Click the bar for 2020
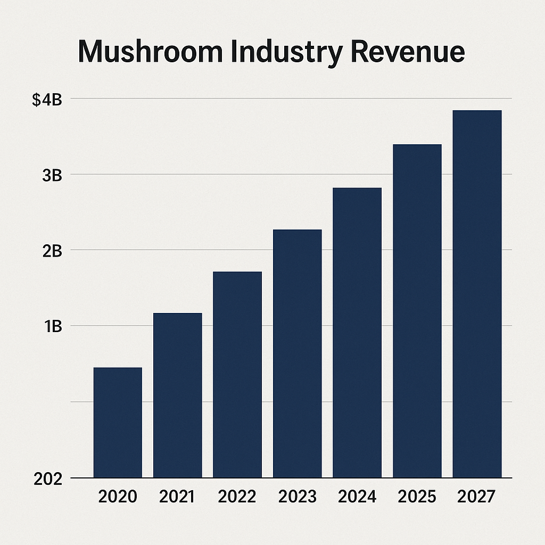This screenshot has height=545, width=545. click(x=118, y=423)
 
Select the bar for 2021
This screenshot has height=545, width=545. click(x=178, y=395)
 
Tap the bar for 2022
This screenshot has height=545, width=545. click(x=237, y=375)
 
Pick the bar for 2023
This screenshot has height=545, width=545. click(x=297, y=353)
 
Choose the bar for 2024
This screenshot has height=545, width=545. click(x=357, y=333)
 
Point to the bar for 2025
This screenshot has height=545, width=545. click(x=417, y=311)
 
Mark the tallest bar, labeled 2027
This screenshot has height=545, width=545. click(x=477, y=294)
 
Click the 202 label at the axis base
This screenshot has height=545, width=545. click(x=48, y=478)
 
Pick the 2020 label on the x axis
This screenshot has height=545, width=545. click(x=118, y=497)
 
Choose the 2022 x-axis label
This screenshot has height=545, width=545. click(x=237, y=497)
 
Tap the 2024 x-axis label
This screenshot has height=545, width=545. click(x=357, y=497)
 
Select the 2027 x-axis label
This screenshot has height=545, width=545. click(x=477, y=497)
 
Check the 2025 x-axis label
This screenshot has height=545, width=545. click(x=417, y=497)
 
